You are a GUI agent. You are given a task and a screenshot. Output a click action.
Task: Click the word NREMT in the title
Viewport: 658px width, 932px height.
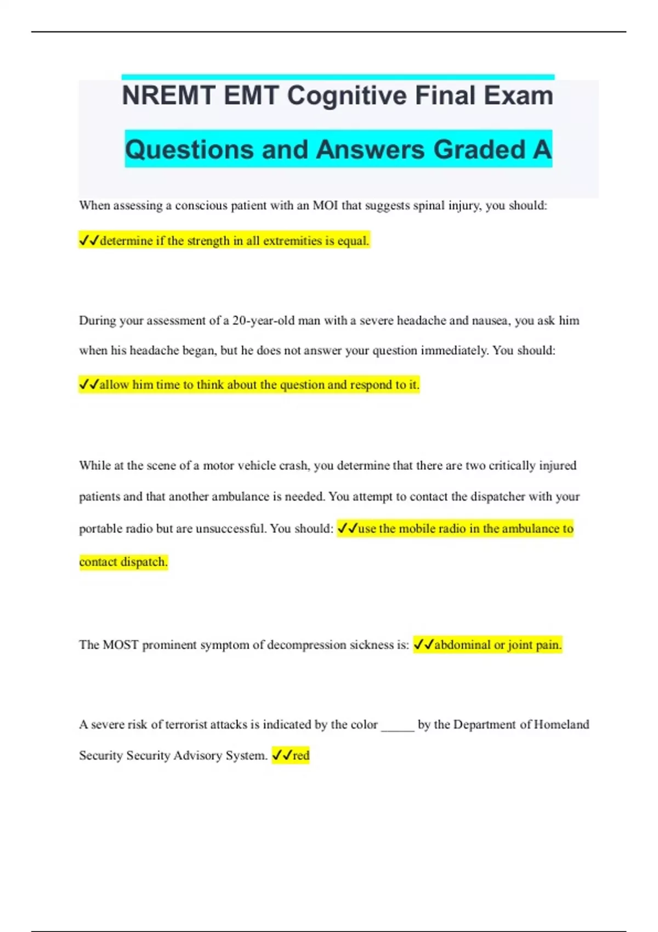coord(168,96)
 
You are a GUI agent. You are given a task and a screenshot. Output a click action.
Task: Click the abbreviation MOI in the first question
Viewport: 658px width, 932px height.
coord(325,206)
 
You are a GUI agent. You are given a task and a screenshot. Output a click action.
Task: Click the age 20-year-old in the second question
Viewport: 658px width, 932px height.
coord(263,321)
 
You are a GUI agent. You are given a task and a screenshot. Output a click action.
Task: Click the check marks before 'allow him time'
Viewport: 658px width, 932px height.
coord(88,385)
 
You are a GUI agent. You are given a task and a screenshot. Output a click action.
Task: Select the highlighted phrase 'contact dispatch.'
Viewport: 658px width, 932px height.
coord(123,562)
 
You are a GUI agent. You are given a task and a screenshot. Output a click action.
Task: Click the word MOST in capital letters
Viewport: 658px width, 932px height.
coord(121,645)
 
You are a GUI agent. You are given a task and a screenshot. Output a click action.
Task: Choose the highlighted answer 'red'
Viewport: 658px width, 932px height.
coord(301,755)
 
